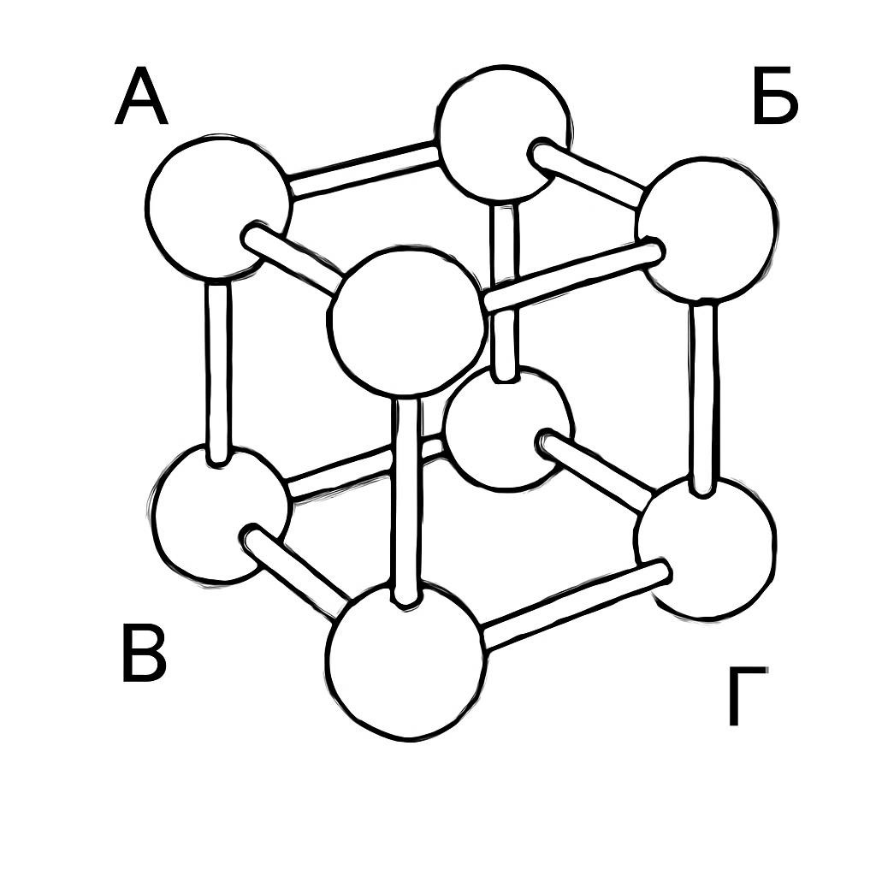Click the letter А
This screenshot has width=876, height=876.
[141, 96]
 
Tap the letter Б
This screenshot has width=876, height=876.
[774, 95]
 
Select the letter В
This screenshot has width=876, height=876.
[144, 654]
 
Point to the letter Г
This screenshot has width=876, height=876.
[748, 696]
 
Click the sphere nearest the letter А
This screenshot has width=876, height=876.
[219, 206]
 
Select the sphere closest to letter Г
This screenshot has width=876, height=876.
[705, 547]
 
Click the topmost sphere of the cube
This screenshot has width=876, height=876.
[503, 133]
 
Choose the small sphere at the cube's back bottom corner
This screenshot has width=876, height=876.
[508, 429]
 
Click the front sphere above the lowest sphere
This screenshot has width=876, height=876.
[406, 321]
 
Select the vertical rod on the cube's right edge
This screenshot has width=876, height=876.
[705, 397]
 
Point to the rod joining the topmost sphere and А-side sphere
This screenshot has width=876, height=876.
[363, 170]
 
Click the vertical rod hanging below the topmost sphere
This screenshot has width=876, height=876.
[504, 291]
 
